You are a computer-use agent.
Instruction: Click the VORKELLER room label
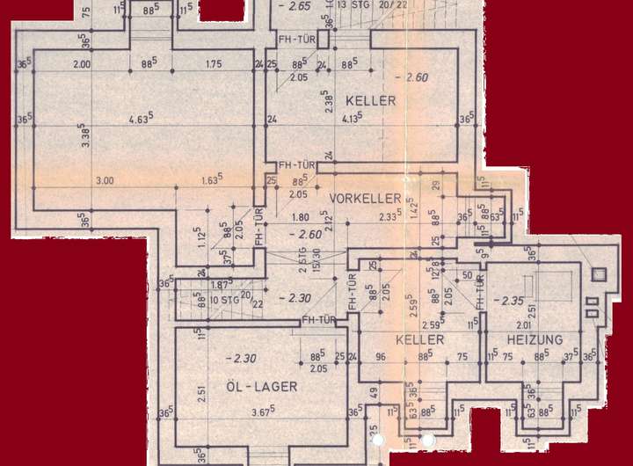pos(365,198)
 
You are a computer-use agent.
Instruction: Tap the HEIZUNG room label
pos(535,339)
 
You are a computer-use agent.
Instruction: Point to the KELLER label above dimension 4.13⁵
pos(370,100)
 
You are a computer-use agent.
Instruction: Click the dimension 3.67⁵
pos(261,411)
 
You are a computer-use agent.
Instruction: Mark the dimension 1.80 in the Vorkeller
pos(299,216)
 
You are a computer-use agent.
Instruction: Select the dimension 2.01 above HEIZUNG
pos(524,325)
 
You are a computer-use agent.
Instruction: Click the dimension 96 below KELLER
pos(381,357)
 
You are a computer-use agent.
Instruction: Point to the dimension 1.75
pos(214,64)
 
